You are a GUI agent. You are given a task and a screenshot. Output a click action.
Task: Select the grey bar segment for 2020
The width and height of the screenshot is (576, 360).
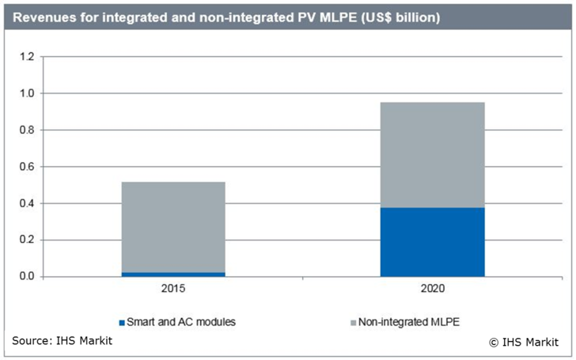[432, 155]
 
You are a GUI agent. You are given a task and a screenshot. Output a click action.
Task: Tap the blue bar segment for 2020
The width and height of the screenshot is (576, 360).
[432, 242]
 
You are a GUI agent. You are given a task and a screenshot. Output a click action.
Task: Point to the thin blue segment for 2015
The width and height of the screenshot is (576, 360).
[172, 274]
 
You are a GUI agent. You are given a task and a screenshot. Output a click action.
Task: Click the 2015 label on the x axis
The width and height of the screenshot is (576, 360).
[172, 290]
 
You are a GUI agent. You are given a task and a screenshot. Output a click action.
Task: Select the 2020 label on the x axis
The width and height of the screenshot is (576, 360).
[432, 290]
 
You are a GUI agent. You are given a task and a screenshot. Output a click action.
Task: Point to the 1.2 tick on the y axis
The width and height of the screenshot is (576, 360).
[28, 57]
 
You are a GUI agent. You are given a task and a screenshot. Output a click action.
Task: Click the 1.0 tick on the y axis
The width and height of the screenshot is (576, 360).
[28, 93]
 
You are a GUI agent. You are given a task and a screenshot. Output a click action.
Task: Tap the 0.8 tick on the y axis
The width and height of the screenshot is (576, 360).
[28, 130]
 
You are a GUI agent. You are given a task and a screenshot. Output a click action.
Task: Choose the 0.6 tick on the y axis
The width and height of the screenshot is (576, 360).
[28, 167]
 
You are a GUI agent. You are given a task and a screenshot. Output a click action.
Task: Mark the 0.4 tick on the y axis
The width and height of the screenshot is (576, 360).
[28, 203]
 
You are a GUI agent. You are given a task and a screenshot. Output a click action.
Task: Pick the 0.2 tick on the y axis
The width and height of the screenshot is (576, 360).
[28, 240]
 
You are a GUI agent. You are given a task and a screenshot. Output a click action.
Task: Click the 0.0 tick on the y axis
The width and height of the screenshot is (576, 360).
[28, 276]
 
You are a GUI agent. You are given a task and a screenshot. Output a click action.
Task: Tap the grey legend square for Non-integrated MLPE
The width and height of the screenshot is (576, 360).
[353, 322]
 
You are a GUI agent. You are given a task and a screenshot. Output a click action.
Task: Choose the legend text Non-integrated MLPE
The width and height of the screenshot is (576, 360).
[404, 322]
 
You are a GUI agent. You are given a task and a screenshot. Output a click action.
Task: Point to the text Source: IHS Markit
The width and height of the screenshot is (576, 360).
[63, 341]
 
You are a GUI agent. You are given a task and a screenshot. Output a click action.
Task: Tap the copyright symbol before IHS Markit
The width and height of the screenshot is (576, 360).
[493, 343]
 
